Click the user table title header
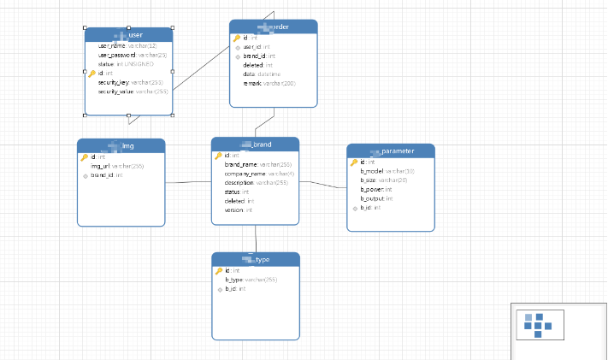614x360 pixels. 128,34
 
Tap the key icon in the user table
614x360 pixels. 92,74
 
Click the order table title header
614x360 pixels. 273,27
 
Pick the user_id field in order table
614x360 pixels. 257,47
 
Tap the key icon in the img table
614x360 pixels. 85,157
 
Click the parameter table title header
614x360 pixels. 391,151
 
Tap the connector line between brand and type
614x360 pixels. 256,239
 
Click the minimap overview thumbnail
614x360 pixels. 539,323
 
